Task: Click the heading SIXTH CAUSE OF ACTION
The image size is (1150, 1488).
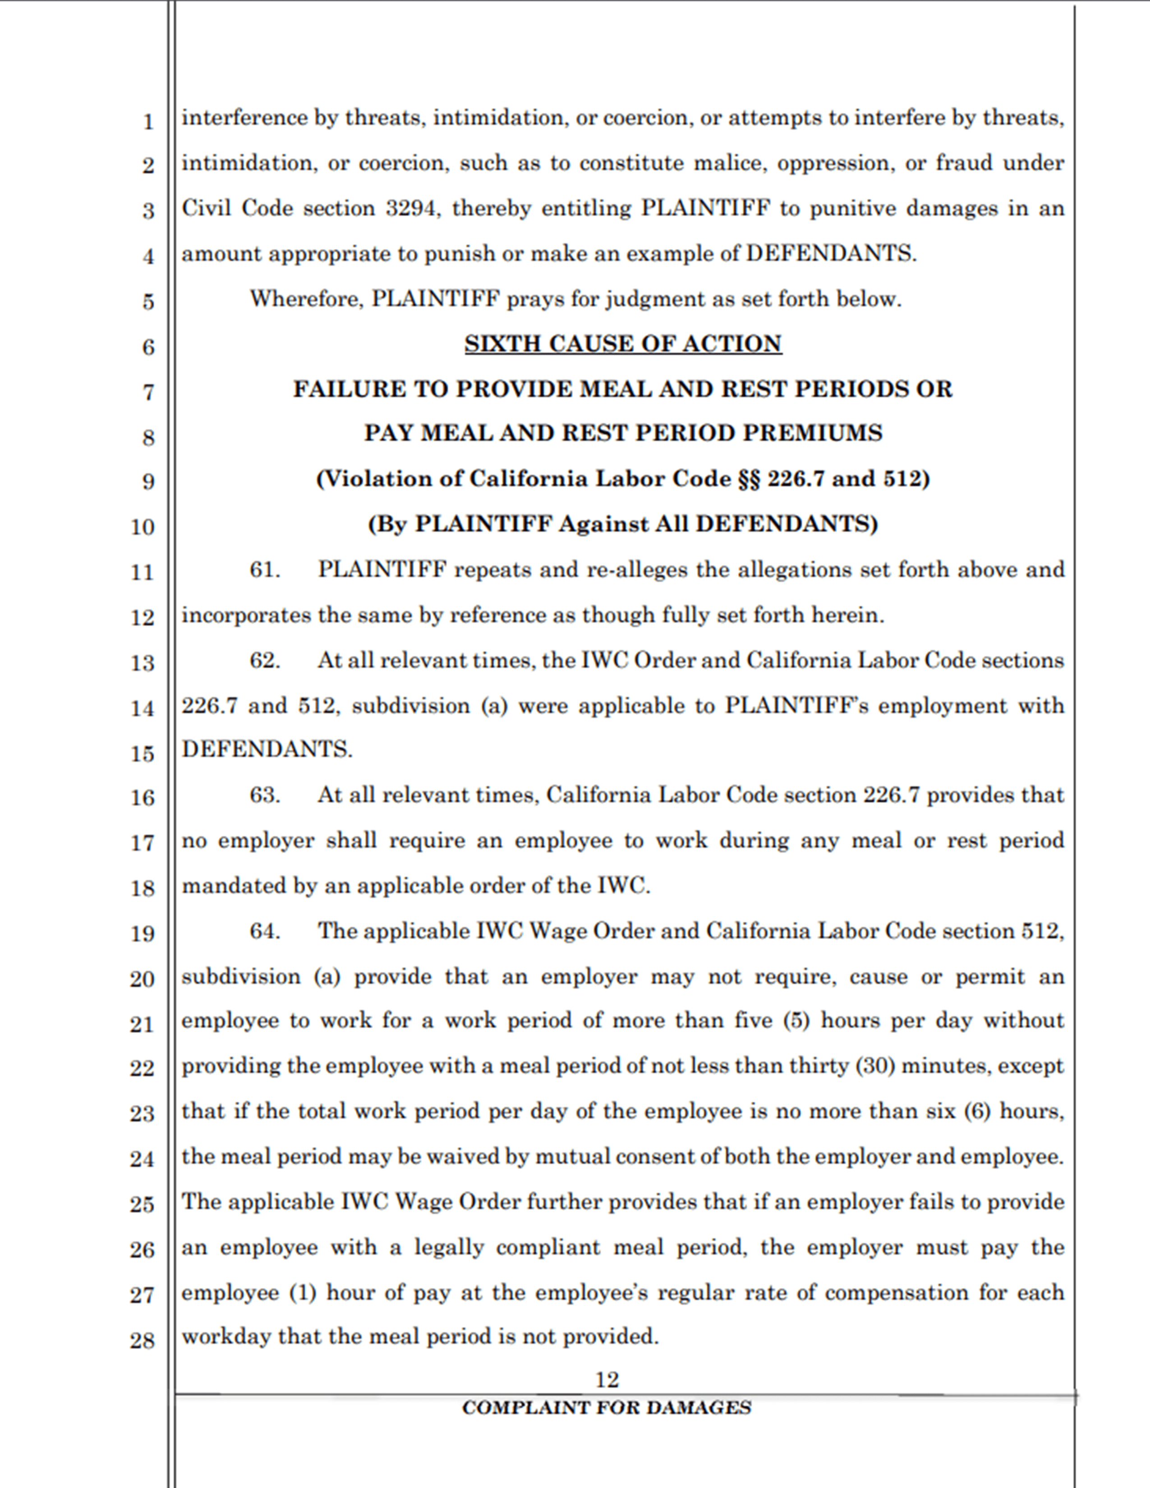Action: [623, 344]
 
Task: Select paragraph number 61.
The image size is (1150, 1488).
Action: [264, 569]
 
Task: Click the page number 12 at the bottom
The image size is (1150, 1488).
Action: [607, 1380]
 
